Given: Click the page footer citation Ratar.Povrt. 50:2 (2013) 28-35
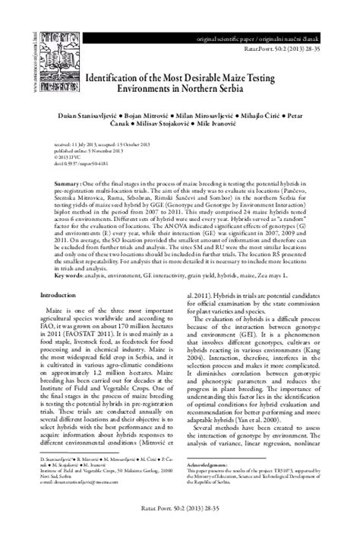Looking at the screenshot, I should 179,525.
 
